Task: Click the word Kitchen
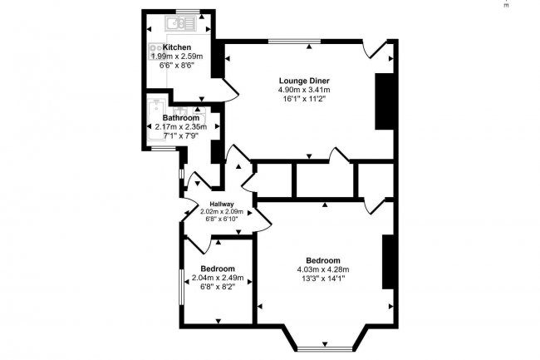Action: (x=177, y=47)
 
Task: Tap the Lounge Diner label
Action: (x=303, y=81)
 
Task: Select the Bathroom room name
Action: (x=180, y=118)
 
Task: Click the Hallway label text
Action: (x=221, y=205)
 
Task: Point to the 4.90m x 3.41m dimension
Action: (x=303, y=90)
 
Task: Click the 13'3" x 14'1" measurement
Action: (x=322, y=278)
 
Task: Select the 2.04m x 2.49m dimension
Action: (x=215, y=278)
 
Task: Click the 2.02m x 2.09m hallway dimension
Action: (x=221, y=212)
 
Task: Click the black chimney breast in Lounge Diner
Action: (x=384, y=96)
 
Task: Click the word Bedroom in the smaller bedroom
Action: (x=215, y=269)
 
